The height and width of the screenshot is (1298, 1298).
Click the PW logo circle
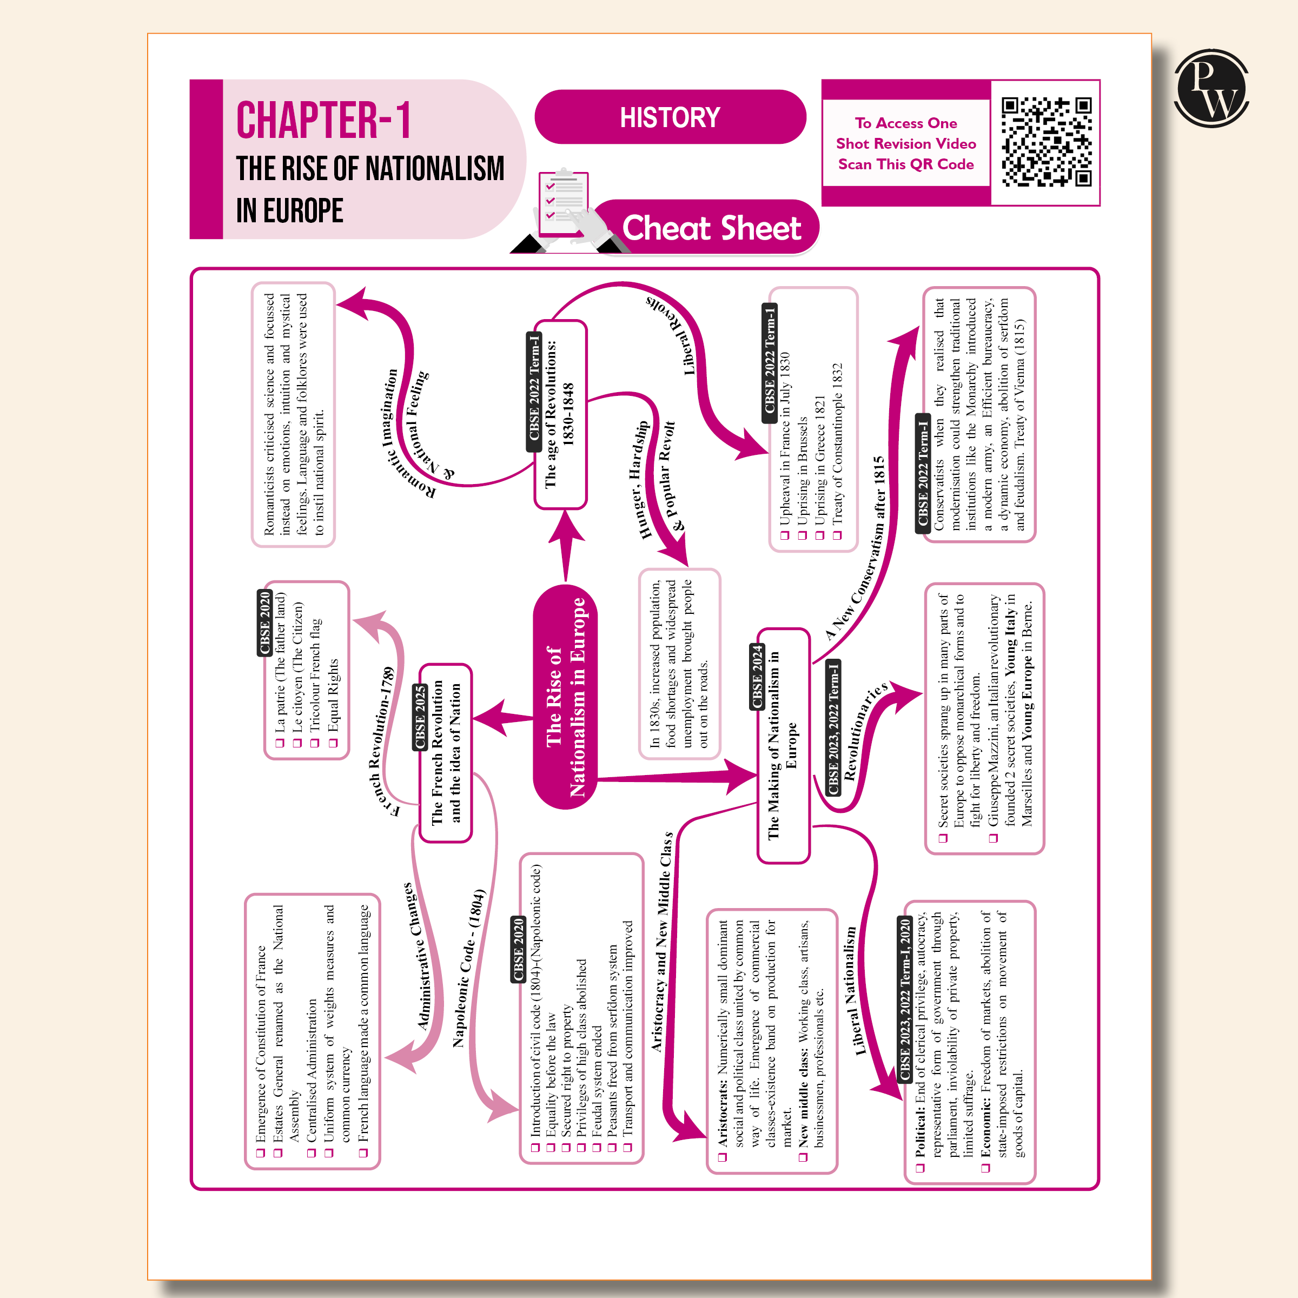[x=1211, y=88]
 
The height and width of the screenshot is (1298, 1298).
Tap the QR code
[x=1045, y=142]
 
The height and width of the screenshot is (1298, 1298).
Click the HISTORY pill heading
[x=670, y=117]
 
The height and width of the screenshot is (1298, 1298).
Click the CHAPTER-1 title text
[x=323, y=121]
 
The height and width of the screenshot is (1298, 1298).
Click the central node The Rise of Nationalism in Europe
[x=566, y=697]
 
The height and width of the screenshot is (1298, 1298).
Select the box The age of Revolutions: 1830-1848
[x=560, y=414]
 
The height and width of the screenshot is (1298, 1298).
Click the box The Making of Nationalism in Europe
[x=783, y=746]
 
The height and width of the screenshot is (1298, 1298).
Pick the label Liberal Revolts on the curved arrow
[x=674, y=332]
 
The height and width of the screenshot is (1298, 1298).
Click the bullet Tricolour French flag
[x=315, y=674]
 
